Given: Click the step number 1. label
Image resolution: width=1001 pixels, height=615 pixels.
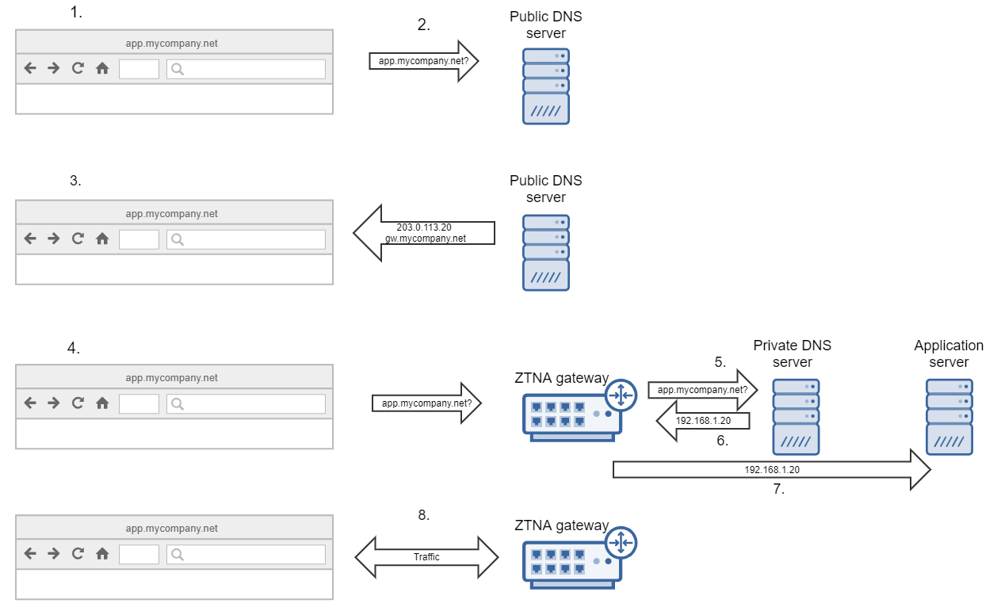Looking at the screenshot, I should point(76,13).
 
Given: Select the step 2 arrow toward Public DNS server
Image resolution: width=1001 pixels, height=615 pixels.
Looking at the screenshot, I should point(424,61).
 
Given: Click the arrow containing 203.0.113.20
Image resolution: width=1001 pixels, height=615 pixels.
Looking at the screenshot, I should point(424,233).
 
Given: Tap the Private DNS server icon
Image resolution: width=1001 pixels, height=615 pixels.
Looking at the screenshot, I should point(797,416).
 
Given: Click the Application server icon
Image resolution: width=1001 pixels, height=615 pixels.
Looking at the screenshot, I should point(949,416).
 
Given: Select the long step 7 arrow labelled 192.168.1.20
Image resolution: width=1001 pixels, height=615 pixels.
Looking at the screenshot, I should point(771,470).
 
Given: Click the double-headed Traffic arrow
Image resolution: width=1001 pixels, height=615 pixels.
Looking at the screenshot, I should point(426,557).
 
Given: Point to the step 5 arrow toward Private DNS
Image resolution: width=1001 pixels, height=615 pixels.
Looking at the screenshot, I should point(702,389).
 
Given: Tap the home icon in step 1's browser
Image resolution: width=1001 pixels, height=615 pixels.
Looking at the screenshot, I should point(102,69).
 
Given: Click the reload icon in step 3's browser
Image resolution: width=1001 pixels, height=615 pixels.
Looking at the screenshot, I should point(78,239).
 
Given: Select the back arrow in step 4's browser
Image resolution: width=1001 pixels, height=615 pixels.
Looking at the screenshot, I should point(30,403).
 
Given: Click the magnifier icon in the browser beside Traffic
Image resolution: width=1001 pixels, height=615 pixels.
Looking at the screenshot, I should point(178,553).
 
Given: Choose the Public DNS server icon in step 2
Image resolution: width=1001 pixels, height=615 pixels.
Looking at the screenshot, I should point(546,86).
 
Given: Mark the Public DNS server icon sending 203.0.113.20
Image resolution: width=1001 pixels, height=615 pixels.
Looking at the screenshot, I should point(546,252).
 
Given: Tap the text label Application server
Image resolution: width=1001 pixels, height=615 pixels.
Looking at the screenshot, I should point(949,353).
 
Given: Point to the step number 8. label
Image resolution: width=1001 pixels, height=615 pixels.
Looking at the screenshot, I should point(424,515).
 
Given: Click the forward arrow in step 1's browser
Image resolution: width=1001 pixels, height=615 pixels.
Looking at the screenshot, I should point(54,69).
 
